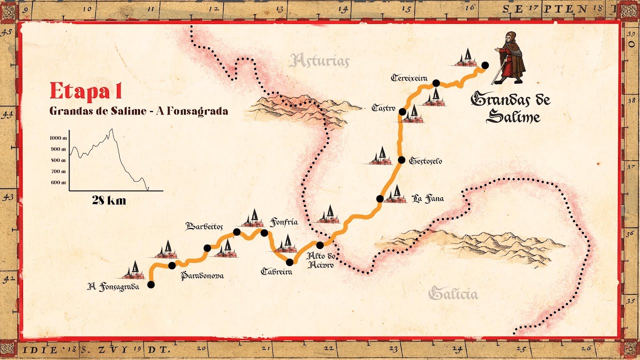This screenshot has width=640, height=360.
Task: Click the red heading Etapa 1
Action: (85, 91)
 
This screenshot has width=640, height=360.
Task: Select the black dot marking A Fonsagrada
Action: (151, 284)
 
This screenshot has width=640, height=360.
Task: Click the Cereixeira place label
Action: (409, 78)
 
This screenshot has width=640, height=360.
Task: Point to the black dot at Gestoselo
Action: (401, 160)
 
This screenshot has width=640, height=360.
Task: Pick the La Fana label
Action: (427, 199)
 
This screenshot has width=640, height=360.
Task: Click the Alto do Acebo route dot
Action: (320, 245)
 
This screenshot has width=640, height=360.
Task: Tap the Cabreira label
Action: (276, 271)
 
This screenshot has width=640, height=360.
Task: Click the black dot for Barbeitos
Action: (237, 231)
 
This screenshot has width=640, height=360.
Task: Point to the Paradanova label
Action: (202, 275)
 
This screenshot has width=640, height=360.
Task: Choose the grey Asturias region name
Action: (319, 61)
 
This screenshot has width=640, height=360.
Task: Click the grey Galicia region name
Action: (453, 293)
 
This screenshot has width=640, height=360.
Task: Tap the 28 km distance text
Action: (109, 201)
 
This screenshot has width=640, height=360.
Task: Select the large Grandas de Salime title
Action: (510, 107)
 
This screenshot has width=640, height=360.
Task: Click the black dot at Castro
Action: (402, 111)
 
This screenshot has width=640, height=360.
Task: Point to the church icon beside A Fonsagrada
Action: (134, 270)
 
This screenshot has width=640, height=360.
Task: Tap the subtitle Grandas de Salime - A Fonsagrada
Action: (138, 111)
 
